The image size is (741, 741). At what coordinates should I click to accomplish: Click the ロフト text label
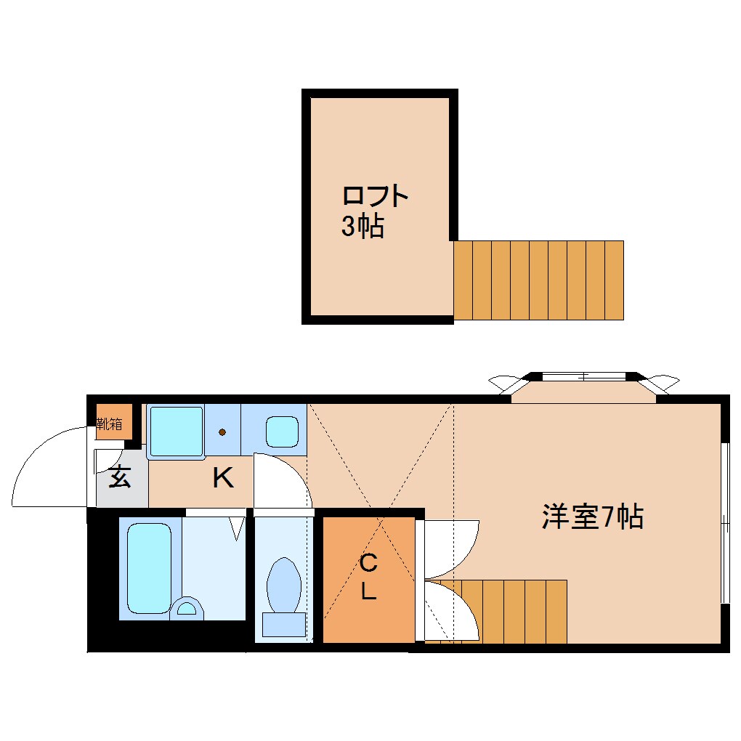pyautogui.click(x=376, y=196)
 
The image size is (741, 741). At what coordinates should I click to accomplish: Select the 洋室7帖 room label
pyautogui.click(x=593, y=517)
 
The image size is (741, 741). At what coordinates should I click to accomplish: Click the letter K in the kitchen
pyautogui.click(x=223, y=478)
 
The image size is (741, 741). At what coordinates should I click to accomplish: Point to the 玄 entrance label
pyautogui.click(x=120, y=477)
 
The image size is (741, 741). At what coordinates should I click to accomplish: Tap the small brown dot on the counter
pyautogui.click(x=222, y=432)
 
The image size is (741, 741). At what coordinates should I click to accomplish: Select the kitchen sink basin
pyautogui.click(x=282, y=432)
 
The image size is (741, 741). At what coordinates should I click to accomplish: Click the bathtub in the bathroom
pyautogui.click(x=150, y=568)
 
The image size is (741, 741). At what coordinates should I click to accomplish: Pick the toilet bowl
pyautogui.click(x=283, y=585)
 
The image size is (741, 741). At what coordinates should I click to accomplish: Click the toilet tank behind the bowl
pyautogui.click(x=284, y=624)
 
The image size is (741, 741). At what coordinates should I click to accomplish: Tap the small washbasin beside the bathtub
pyautogui.click(x=187, y=608)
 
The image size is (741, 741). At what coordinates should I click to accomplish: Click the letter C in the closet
pyautogui.click(x=368, y=563)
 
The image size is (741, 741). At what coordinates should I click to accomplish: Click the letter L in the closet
pyautogui.click(x=368, y=590)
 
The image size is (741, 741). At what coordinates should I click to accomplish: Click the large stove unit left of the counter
pyautogui.click(x=177, y=431)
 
